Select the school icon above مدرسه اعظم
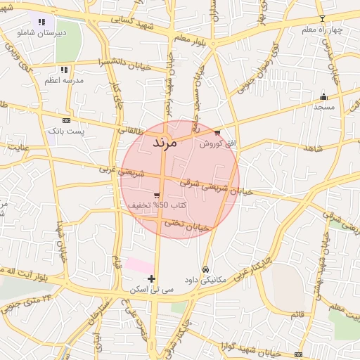tap(64, 70)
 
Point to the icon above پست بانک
tap(66, 120)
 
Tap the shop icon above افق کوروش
tap(217, 132)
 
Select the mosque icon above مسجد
tap(323, 96)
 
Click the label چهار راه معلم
tap(321, 30)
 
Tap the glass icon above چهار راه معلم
tap(322, 18)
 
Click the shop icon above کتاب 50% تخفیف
tap(156, 195)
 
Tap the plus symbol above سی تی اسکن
tap(151, 278)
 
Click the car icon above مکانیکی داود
tap(205, 269)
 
